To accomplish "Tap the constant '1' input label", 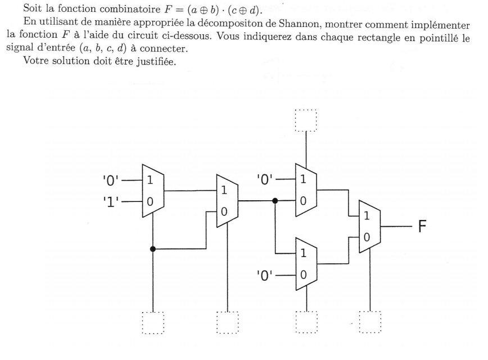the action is click(x=109, y=200).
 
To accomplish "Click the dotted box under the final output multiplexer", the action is click(x=370, y=323).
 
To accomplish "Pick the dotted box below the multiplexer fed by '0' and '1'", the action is click(x=152, y=323).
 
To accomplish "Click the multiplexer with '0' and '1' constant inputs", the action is click(x=152, y=191).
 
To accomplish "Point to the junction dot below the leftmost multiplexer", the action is click(x=152, y=248).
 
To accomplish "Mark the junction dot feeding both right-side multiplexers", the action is click(x=275, y=200).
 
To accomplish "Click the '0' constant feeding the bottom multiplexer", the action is click(x=266, y=276).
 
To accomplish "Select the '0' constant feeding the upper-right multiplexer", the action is click(x=266, y=181).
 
